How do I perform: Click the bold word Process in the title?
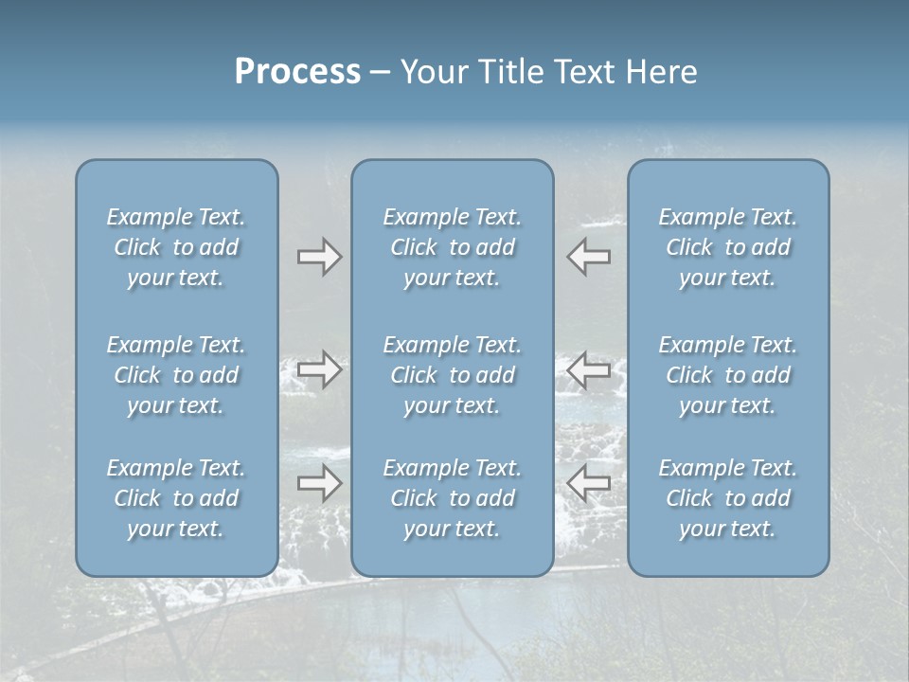[x=297, y=72]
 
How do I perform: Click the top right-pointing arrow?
[x=319, y=257]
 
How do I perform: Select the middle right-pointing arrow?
[x=319, y=369]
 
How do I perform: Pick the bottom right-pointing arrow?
[x=319, y=484]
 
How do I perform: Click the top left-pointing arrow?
[x=589, y=257]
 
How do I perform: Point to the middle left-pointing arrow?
[x=589, y=369]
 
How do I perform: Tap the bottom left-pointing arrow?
[x=589, y=484]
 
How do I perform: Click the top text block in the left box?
[x=176, y=247]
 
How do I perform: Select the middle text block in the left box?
[x=176, y=375]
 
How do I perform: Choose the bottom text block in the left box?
[x=176, y=498]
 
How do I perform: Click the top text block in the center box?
[x=453, y=247]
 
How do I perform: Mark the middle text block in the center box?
[x=453, y=375]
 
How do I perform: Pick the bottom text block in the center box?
[x=453, y=498]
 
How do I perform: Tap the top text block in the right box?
[x=728, y=247]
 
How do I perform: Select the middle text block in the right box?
[x=728, y=375]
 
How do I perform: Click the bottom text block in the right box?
[x=728, y=498]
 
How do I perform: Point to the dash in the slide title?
[x=380, y=73]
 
